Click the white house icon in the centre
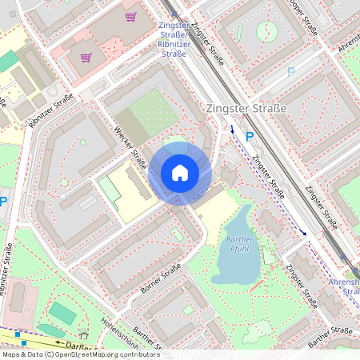(x=179, y=172)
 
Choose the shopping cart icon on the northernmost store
(x=130, y=16)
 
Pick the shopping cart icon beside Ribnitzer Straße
(x=86, y=57)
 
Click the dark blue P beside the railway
(x=250, y=137)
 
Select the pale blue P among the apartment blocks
(x=290, y=71)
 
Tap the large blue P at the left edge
(x=4, y=202)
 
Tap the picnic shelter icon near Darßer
(x=83, y=335)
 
